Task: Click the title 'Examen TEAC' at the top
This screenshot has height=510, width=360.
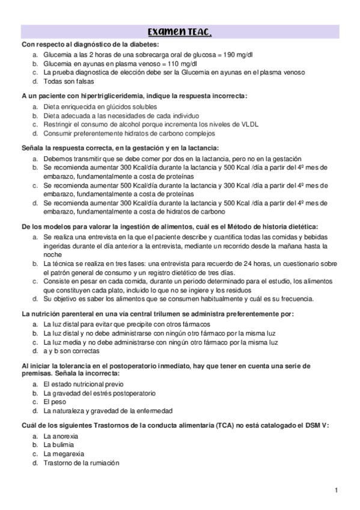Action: [x=180, y=32]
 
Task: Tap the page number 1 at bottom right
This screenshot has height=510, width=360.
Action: [x=337, y=490]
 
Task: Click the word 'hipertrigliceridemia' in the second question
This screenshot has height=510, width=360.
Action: [x=102, y=96]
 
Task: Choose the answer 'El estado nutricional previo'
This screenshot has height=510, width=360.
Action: [x=84, y=384]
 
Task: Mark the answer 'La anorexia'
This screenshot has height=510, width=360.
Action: [x=61, y=435]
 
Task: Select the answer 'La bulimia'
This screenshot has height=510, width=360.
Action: [x=59, y=444]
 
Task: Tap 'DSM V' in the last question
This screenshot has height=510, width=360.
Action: [x=315, y=425]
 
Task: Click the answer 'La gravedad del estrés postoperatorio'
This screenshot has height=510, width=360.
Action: [x=99, y=393]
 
